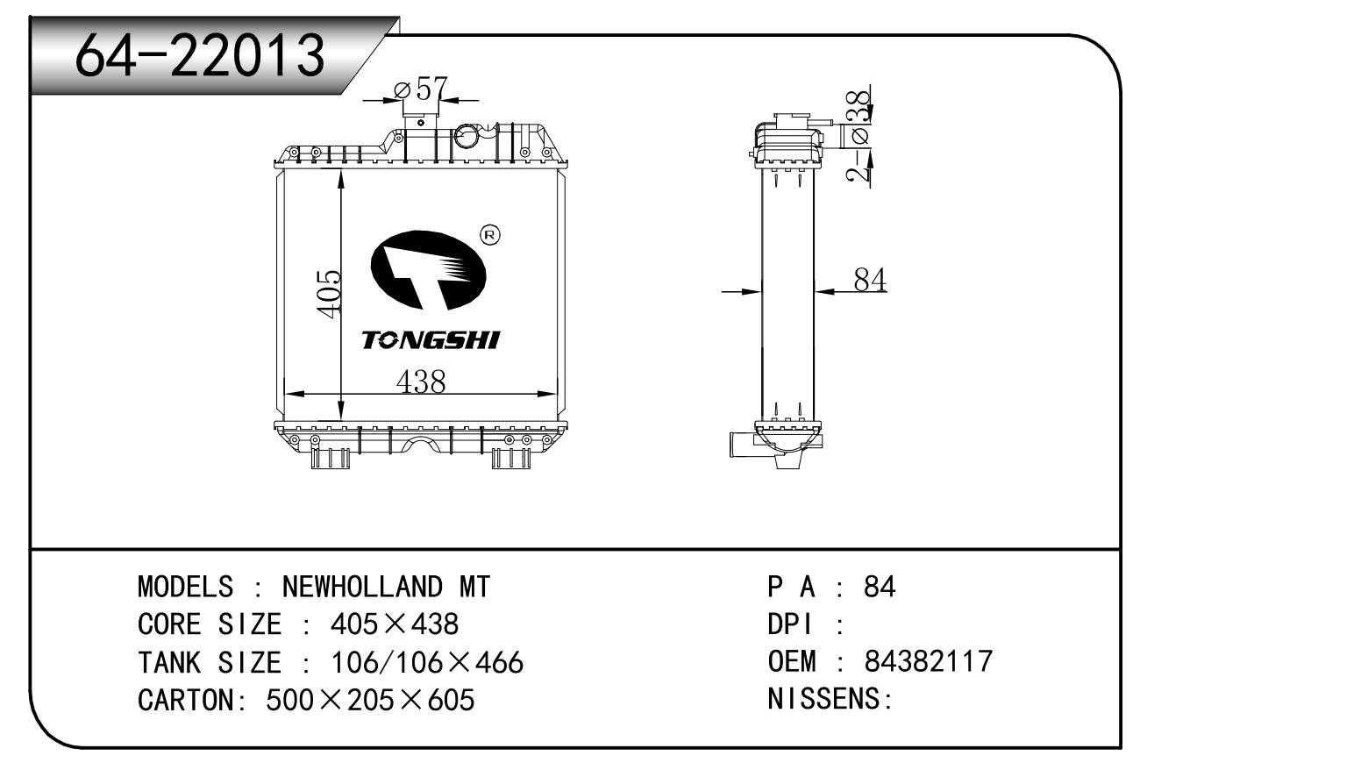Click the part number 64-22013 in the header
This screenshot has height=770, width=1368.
200,55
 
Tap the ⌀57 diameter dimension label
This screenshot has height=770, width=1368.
422,89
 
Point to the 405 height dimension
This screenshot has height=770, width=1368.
329,294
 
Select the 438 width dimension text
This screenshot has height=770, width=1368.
421,381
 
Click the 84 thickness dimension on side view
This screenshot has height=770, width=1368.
870,281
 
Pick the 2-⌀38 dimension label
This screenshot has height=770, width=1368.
858,136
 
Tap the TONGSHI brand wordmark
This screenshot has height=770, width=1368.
431,340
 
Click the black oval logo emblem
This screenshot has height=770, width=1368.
429,269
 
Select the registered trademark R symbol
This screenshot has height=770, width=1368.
490,235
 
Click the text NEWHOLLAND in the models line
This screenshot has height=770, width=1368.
361,587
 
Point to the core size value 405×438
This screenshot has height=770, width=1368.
395,624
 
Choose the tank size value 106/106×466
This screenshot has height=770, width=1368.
427,662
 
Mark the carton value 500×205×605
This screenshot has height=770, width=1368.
370,700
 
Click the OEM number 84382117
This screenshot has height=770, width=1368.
929,661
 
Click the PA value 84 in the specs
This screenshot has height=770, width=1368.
880,587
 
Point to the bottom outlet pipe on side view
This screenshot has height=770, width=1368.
742,444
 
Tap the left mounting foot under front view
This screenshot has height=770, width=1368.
330,458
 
